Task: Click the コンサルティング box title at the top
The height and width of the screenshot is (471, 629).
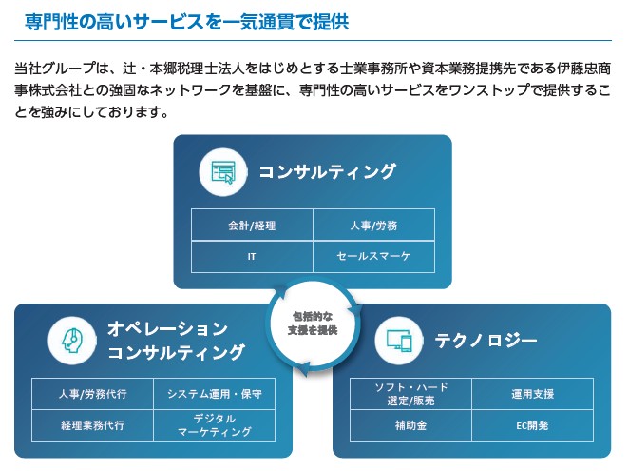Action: click(328, 172)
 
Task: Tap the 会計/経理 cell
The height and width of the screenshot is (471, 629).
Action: click(252, 226)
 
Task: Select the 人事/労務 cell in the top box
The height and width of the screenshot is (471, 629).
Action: click(373, 226)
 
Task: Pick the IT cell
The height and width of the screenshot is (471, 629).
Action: click(252, 257)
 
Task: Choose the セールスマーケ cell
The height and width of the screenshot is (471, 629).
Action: click(373, 257)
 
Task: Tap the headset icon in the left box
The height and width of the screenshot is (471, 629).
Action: click(70, 340)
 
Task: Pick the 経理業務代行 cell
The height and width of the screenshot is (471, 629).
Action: click(92, 424)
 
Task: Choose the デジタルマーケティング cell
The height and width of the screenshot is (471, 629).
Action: click(214, 424)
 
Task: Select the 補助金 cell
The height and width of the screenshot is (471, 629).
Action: click(411, 424)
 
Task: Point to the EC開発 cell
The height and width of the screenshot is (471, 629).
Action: click(532, 424)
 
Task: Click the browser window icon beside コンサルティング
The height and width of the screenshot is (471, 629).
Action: click(223, 172)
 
